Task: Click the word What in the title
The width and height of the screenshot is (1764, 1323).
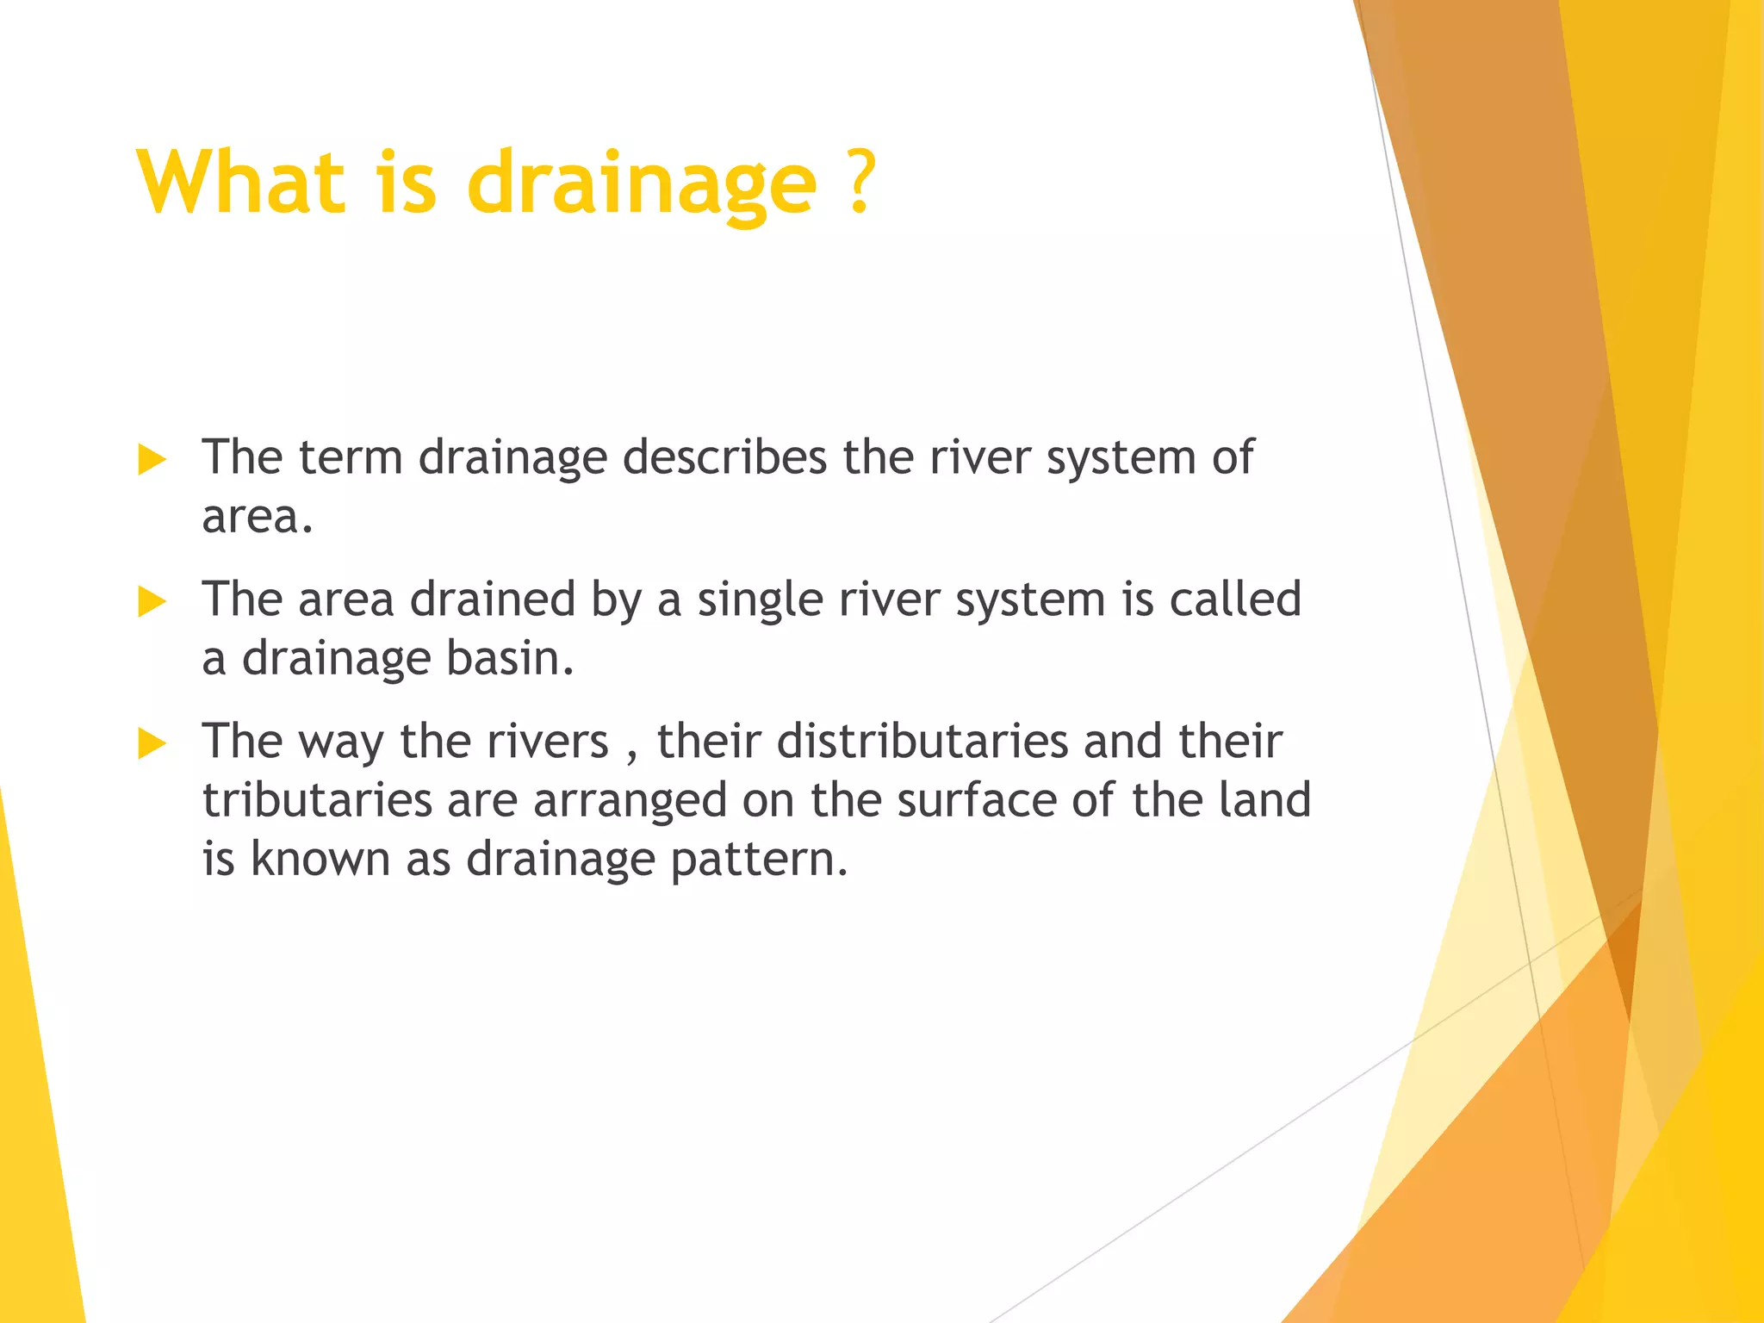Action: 241,182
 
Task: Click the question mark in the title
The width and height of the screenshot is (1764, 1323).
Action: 859,182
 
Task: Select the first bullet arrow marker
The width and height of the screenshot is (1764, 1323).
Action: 152,460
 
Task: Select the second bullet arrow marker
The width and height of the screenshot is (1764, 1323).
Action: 152,602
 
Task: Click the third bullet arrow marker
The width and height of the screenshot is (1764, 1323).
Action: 152,743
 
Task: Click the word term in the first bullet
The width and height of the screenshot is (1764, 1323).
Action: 350,457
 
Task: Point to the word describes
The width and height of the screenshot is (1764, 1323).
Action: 724,457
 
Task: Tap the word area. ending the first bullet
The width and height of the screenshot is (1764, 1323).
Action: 257,517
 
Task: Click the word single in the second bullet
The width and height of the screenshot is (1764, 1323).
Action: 760,600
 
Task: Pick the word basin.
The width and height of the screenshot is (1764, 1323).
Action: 509,658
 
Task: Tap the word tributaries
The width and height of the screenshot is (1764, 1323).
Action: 317,800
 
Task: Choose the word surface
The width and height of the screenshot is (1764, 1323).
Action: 976,800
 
